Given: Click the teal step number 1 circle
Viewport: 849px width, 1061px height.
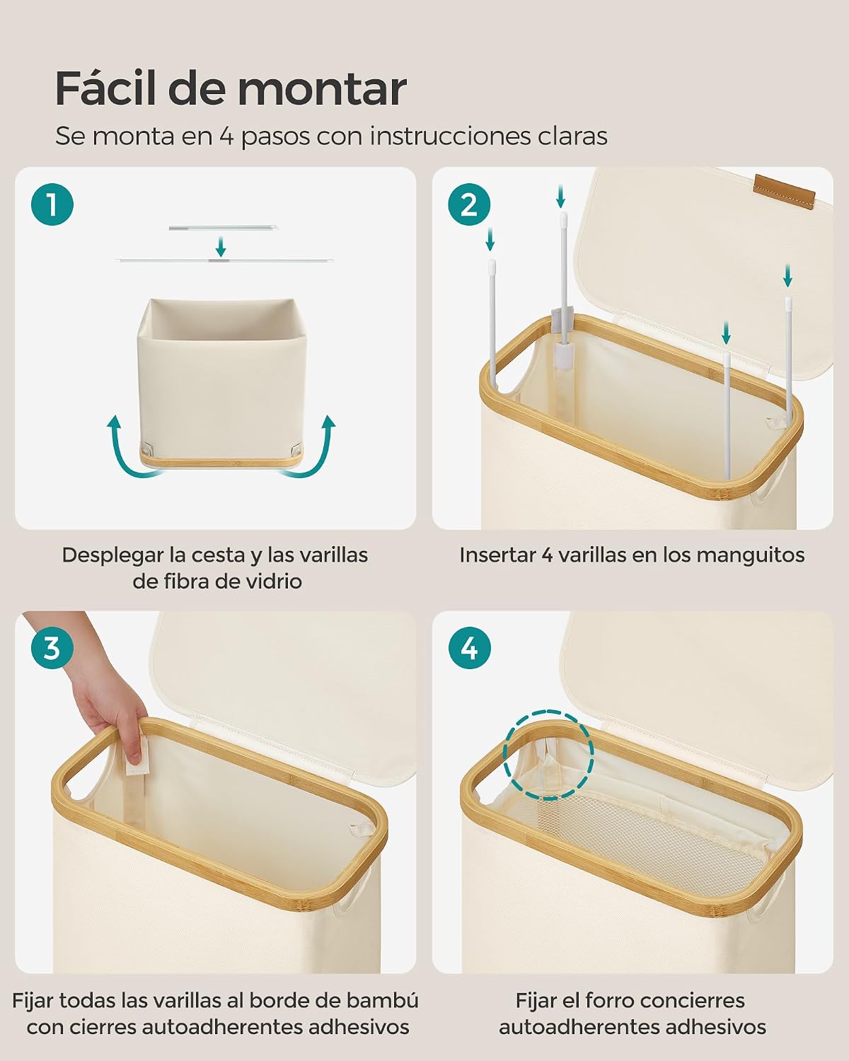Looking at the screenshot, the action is (52, 204).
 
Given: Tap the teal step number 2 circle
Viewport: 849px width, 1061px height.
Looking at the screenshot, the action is (469, 204).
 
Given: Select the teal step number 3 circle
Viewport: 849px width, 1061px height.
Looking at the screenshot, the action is (52, 647).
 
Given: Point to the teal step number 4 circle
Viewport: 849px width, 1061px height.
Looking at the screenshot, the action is (469, 647).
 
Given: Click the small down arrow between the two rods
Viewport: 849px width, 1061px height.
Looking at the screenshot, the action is (221, 247).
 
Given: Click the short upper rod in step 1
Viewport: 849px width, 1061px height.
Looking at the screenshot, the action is (222, 228).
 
